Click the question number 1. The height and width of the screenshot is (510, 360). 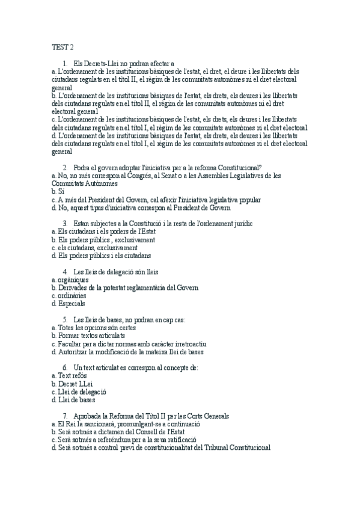[64, 63]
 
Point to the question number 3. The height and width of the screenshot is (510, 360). [64, 223]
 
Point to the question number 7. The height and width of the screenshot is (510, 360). [64, 416]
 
